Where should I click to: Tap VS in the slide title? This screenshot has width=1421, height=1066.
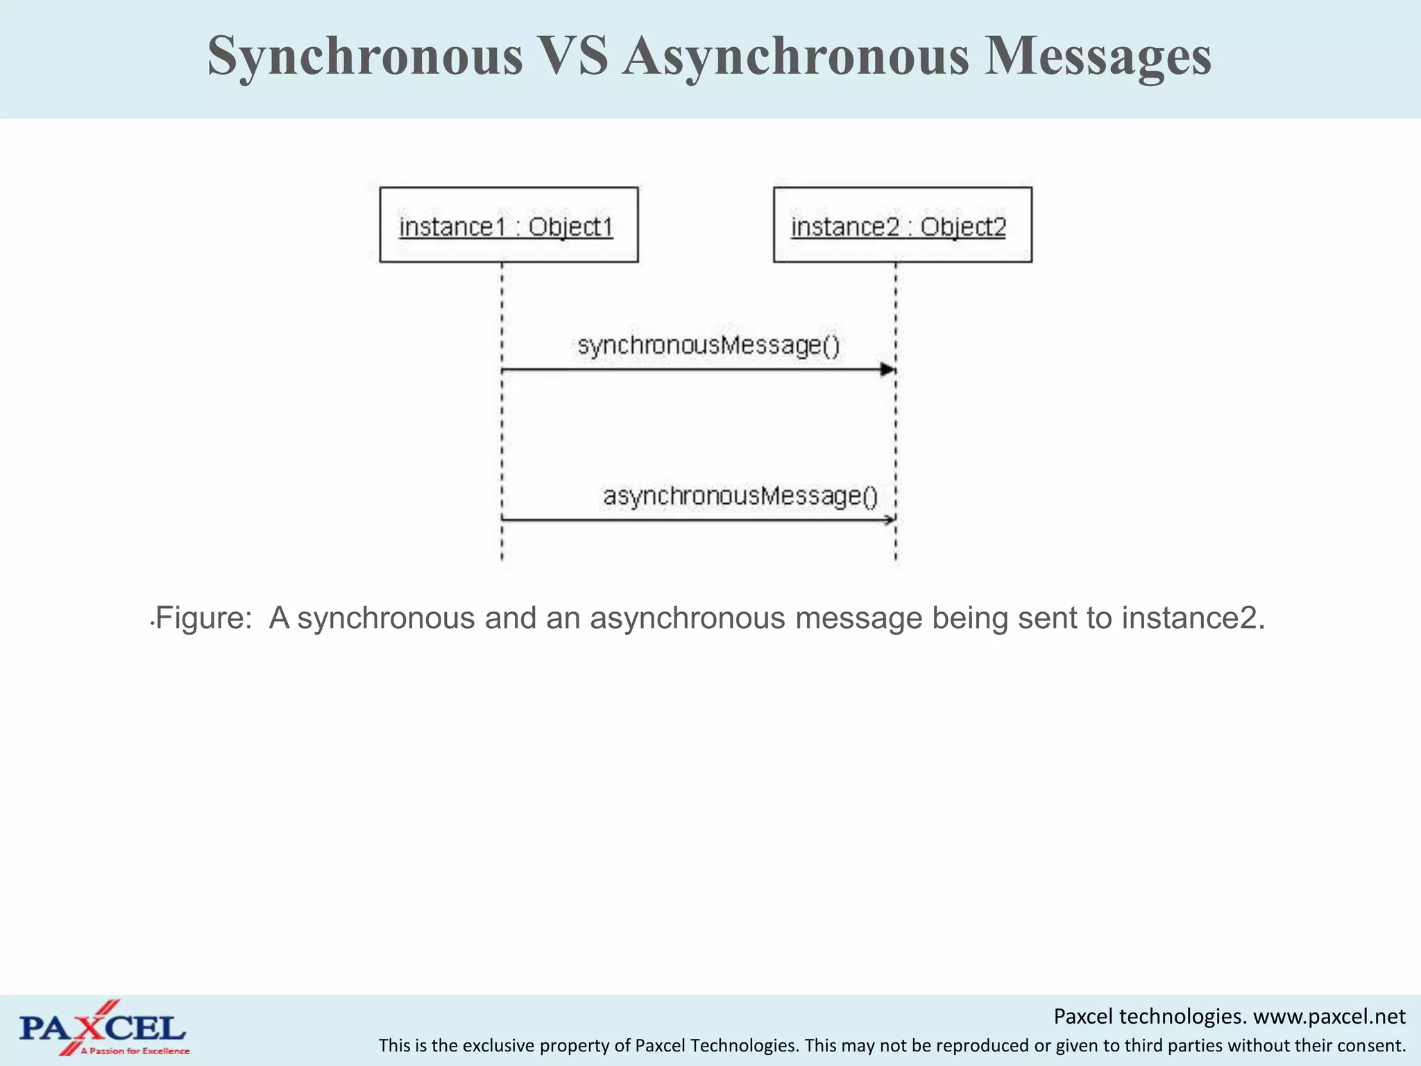pyautogui.click(x=572, y=56)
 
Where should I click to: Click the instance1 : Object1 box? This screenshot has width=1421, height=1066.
pyautogui.click(x=509, y=225)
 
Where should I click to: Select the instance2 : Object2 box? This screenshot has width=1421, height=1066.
pyautogui.click(x=902, y=225)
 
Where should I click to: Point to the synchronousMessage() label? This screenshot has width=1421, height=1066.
pyautogui.click(x=708, y=346)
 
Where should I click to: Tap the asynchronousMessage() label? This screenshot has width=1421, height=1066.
pyautogui.click(x=740, y=496)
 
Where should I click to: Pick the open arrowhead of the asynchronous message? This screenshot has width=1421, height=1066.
pyautogui.click(x=890, y=520)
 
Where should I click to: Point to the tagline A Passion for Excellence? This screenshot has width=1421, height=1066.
pyautogui.click(x=135, y=1051)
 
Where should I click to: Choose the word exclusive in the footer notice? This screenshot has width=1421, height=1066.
pyautogui.click(x=497, y=1046)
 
